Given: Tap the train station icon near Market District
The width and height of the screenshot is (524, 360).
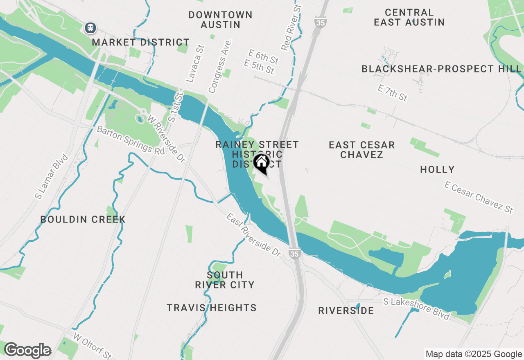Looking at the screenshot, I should pos(90,28).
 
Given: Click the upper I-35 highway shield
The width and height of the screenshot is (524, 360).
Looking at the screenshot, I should pos(321,22).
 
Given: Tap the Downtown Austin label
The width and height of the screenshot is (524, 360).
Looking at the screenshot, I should pos(220,20).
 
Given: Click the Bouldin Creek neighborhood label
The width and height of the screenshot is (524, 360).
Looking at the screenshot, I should pos(83,220).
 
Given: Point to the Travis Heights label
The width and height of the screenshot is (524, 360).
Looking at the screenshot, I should pos(212,308).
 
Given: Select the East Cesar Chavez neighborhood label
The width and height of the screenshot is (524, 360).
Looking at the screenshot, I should pos(362,150).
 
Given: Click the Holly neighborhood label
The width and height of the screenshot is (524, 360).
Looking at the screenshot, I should pos(437,169).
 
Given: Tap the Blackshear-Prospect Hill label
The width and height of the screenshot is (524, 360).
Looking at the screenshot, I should pos(441,69).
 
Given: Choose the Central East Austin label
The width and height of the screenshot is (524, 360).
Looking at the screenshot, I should pos(409,17).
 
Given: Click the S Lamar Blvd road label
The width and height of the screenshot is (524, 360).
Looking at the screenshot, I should pos(51,177).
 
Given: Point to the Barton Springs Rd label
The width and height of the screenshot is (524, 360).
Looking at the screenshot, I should pos(130,140).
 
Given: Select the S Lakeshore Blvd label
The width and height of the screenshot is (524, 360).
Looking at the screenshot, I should pos(417,308).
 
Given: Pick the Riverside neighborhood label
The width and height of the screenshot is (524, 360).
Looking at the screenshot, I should pos(346,311).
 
